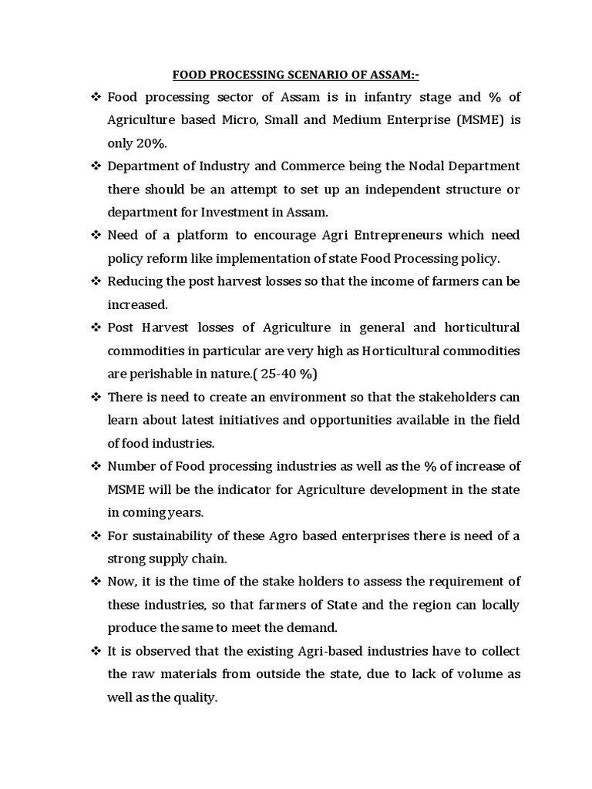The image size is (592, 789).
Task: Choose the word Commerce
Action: click(328, 166)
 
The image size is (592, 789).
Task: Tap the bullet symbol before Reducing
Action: click(96, 281)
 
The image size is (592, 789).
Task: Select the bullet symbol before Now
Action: click(96, 582)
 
